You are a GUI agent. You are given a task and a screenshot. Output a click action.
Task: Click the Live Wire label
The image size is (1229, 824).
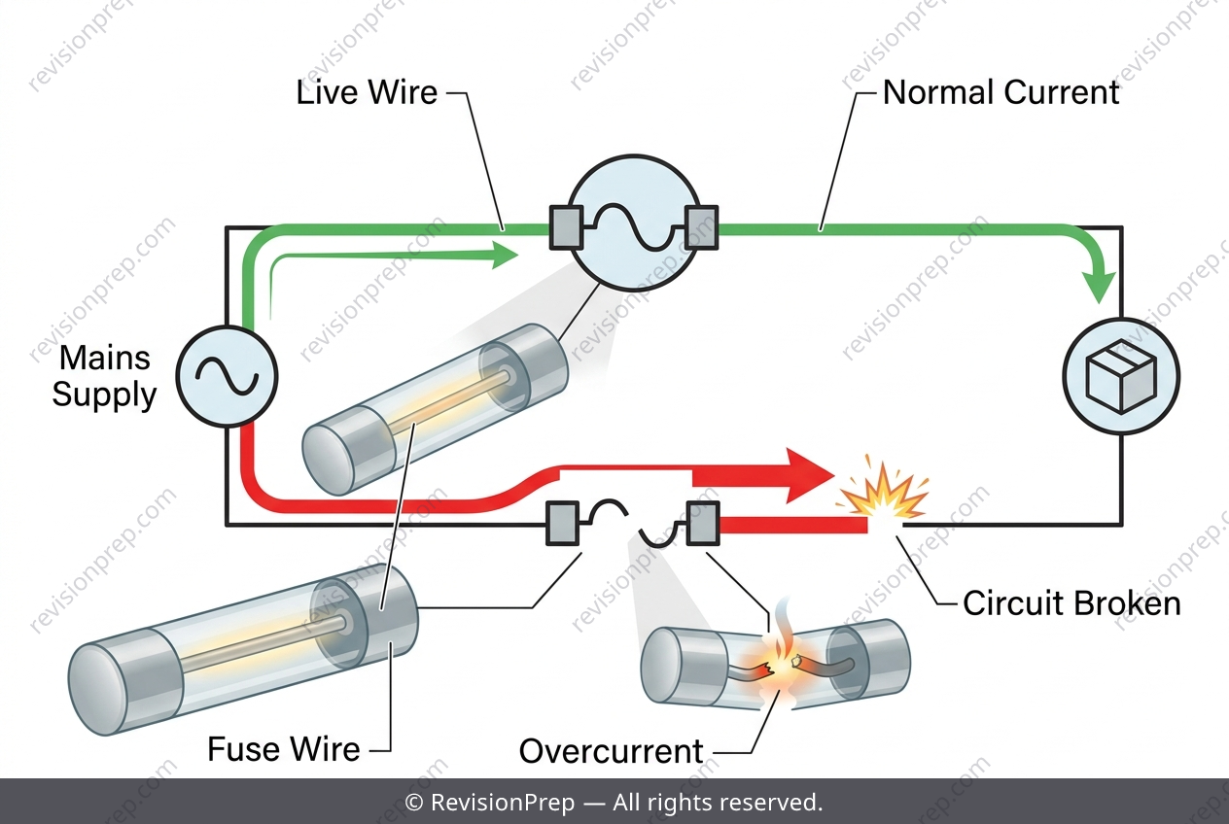pyautogui.click(x=367, y=92)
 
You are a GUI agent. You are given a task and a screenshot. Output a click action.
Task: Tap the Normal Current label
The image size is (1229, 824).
pyautogui.click(x=1001, y=92)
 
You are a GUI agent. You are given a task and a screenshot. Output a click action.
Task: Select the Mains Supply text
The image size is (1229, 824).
pyautogui.click(x=104, y=376)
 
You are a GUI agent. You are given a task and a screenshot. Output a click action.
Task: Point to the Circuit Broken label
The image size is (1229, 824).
pyautogui.click(x=1071, y=603)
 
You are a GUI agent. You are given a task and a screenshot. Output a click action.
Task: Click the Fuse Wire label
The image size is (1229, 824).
pyautogui.click(x=284, y=749)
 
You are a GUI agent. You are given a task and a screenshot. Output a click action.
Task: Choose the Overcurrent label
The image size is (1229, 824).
pyautogui.click(x=611, y=751)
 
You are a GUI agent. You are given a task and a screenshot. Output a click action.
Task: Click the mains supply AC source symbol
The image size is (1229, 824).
pyautogui.click(x=227, y=377)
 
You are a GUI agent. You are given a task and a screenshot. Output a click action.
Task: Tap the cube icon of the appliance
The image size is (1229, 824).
pyautogui.click(x=1121, y=376)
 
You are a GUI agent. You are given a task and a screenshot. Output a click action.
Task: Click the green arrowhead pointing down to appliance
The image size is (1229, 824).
pyautogui.click(x=1099, y=287)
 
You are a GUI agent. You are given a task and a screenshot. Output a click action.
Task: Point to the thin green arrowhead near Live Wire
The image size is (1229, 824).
pyautogui.click(x=505, y=256)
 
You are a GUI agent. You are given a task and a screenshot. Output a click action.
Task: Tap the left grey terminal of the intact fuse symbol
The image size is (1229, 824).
pyautogui.click(x=566, y=227)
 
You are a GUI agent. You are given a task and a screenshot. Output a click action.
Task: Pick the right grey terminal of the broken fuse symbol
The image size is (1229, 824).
pyautogui.click(x=703, y=523)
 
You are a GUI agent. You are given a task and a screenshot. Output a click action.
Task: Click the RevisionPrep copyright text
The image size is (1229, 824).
pyautogui.click(x=614, y=802)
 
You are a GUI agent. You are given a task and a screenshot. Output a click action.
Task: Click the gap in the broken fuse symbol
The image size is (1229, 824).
pyautogui.click(x=634, y=524)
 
